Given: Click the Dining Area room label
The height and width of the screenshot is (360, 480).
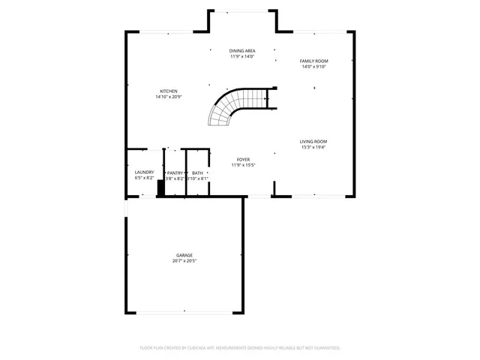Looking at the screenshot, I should (242, 51).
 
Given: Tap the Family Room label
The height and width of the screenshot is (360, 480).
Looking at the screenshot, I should (314, 61).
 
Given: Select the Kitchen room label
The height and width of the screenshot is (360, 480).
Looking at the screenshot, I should (169, 91).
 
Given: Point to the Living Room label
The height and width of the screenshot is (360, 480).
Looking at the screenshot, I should (313, 141).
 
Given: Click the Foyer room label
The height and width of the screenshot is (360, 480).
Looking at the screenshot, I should (243, 159).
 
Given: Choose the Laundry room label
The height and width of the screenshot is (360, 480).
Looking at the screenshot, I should (144, 172).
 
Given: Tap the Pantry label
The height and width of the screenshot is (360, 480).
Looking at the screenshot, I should (174, 172).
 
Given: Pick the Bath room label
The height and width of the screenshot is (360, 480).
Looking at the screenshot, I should (197, 172).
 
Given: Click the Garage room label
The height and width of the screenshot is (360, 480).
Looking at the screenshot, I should (184, 255).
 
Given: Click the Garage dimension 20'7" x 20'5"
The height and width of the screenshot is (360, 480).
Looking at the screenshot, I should (184, 261).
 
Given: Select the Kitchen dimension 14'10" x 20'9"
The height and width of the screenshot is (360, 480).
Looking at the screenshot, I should (169, 97).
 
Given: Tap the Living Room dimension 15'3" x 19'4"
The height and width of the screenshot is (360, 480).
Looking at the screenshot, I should (313, 147).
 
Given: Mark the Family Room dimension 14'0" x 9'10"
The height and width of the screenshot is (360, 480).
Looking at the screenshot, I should (314, 67).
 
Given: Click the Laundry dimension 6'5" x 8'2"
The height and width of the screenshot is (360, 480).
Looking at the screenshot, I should (144, 178).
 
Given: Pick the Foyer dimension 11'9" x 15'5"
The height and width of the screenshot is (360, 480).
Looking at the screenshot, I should (243, 165).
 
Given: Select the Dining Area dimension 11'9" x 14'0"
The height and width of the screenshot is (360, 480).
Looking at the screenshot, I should (242, 57).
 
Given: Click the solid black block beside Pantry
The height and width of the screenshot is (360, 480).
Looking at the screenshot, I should (160, 187).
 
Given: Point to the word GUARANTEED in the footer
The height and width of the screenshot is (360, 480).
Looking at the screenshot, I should (325, 348).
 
